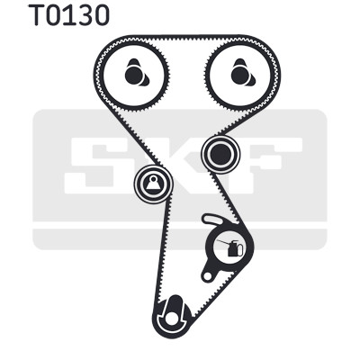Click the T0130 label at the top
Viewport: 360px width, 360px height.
tap(69, 15)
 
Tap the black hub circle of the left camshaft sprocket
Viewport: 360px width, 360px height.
tap(133, 76)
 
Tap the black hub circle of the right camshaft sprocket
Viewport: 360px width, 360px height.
tap(239, 76)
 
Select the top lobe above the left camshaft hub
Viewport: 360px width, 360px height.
tap(133, 64)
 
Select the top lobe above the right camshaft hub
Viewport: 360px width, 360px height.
tap(239, 64)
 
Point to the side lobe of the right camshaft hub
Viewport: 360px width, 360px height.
tap(251, 79)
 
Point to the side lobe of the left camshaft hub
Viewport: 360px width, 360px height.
tap(145, 79)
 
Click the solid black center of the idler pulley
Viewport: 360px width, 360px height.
tap(220, 155)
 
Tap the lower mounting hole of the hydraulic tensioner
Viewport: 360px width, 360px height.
tap(207, 276)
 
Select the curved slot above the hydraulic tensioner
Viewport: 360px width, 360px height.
tap(212, 220)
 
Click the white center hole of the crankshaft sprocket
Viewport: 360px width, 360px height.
tap(172, 319)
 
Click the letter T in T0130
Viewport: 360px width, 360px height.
tap(38, 15)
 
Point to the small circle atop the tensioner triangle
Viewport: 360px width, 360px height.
tap(154, 179)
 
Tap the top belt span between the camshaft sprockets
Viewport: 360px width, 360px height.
tap(186, 37)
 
